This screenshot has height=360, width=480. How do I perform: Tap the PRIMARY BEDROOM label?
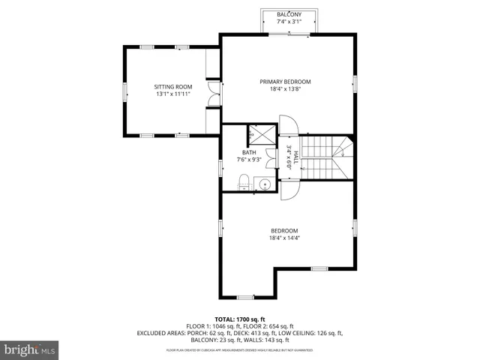285,82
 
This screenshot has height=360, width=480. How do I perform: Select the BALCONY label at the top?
289,14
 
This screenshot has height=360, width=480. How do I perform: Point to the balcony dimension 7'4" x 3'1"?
289,22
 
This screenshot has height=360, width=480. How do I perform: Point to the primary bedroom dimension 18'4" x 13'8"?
285,90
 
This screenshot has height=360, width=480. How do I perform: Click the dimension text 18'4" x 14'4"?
285,238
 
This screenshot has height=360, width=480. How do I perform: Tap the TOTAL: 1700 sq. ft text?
240,319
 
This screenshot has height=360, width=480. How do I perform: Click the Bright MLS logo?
30,349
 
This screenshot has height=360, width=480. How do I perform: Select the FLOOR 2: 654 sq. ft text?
266,327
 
